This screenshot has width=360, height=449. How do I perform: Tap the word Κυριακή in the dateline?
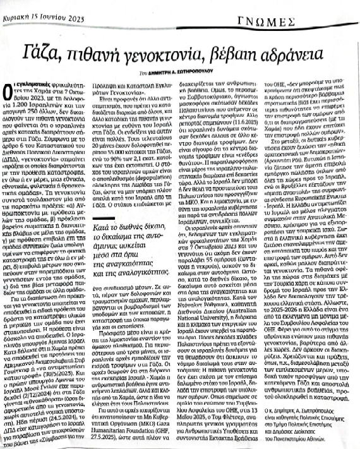tap(25, 6)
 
